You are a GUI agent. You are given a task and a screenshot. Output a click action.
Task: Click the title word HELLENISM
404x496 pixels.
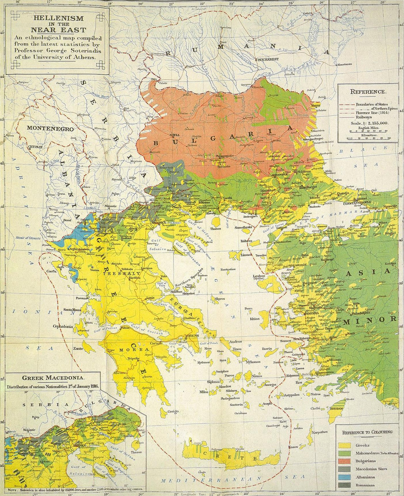(x=58, y=18)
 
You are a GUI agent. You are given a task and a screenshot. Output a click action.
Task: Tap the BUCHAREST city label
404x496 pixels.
(x=268, y=59)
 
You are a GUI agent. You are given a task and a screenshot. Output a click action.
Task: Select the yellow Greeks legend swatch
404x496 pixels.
(x=345, y=445)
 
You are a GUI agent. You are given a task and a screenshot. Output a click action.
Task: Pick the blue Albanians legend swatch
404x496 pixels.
(x=345, y=477)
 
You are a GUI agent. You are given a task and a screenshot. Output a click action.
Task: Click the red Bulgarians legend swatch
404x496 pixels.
(x=345, y=461)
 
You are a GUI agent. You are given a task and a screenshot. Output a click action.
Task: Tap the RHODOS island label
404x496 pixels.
(x=337, y=408)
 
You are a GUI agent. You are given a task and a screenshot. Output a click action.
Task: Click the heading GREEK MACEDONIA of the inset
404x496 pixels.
(x=54, y=378)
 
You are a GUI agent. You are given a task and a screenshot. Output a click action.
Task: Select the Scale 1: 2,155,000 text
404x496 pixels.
(x=369, y=123)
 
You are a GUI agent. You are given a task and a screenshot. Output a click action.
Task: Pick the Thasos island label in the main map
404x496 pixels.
(x=216, y=229)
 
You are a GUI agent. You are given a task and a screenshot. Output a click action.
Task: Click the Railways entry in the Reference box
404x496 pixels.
(x=363, y=117)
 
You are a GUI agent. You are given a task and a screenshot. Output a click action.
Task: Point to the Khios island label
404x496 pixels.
(x=255, y=319)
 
